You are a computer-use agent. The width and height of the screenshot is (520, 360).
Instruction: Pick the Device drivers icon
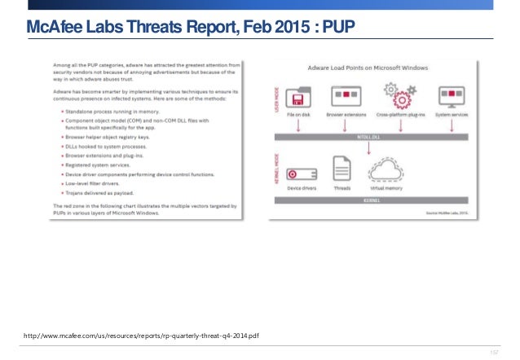pyautogui.click(x=303, y=173)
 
